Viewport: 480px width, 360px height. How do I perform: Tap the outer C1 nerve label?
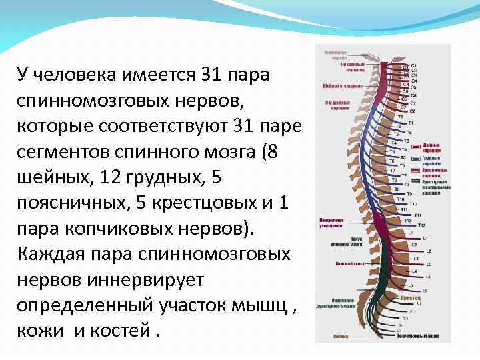[414, 65]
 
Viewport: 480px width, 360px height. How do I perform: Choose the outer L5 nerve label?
[425, 291]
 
